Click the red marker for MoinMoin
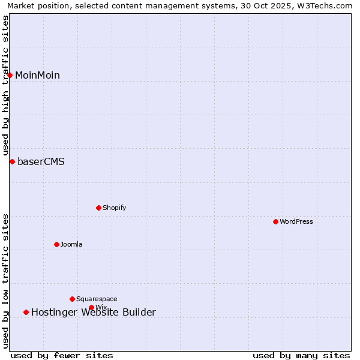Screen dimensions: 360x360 tap(10, 75)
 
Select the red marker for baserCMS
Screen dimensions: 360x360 tap(12, 161)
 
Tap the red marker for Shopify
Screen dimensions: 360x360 tap(98, 208)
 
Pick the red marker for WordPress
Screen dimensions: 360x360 tap(275, 221)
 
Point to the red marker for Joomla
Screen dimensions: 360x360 tap(56, 244)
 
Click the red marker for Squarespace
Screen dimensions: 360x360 tap(72, 299)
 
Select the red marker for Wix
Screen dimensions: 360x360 tap(91, 307)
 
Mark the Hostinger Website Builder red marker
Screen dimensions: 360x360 tap(26, 312)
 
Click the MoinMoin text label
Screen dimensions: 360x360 tap(37, 75)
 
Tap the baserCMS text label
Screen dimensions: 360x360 tap(41, 161)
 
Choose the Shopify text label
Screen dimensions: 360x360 tap(114, 208)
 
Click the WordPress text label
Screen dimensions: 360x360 tap(296, 221)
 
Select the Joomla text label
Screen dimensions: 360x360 tap(71, 244)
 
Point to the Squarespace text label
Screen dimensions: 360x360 tap(97, 299)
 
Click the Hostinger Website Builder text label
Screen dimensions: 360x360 tap(93, 312)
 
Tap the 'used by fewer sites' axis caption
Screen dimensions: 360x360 tap(62, 355)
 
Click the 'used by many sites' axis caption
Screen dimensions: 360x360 tap(301, 355)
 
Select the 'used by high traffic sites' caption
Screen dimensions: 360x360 tap(5, 85)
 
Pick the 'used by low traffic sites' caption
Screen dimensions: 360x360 tap(5, 281)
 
